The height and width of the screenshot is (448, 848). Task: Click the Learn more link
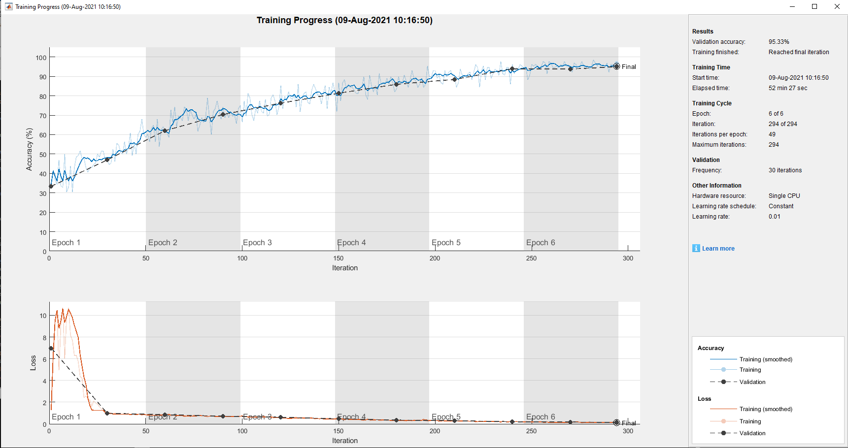click(x=718, y=249)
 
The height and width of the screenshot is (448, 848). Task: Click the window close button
click(x=837, y=6)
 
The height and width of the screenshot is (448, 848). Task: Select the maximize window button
click(x=814, y=6)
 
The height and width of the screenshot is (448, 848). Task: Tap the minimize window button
click(x=792, y=6)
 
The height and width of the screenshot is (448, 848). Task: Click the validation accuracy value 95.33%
click(x=779, y=42)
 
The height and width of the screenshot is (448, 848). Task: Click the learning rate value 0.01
click(x=774, y=217)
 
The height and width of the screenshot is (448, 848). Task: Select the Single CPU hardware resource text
click(x=784, y=196)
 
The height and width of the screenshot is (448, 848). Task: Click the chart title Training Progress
click(x=344, y=20)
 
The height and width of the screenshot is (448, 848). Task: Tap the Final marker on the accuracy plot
click(x=616, y=66)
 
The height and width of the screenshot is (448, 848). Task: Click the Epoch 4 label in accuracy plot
click(x=351, y=243)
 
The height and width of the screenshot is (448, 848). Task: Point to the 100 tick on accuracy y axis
click(x=41, y=58)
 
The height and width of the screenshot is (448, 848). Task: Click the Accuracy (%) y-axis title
click(x=30, y=149)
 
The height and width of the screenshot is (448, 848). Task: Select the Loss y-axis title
click(x=33, y=363)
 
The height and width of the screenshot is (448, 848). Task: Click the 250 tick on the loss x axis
click(x=531, y=431)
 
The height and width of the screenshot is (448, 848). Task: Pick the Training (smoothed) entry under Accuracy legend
click(x=765, y=359)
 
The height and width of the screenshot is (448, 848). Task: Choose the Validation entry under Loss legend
click(x=752, y=433)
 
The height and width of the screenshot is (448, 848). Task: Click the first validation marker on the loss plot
click(x=51, y=349)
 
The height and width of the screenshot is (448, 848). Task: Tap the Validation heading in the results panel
click(x=706, y=160)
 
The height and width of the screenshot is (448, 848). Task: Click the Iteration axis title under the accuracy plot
click(x=345, y=268)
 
